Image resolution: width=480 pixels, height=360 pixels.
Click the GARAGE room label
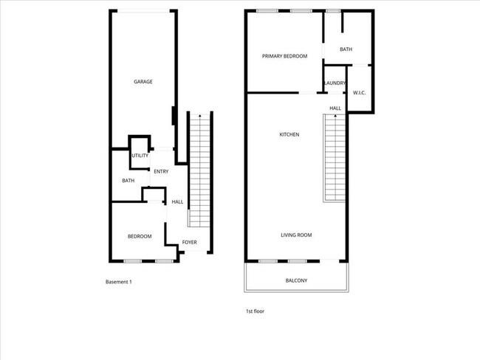pos(143,82)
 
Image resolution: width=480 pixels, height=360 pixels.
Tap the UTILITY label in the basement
pos(140,156)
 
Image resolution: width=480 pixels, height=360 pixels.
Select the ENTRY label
pos(161,172)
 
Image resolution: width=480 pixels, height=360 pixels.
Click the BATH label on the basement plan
pos(128,181)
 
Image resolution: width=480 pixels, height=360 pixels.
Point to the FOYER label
pos(190,242)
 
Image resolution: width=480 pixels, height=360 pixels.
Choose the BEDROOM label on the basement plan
pos(140,236)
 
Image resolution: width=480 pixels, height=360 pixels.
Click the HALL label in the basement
pos(177,201)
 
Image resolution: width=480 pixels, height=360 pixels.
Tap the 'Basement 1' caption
pos(119,282)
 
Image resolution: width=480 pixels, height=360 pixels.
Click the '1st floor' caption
pos(255,311)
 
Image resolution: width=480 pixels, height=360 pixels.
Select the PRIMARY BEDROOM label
pos(284,56)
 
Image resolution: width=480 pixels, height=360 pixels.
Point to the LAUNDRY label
pos(335,83)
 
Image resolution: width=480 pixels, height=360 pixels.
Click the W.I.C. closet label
pos(360,92)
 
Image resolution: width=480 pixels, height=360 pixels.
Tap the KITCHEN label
pos(289,134)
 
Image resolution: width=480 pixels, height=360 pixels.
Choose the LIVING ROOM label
pos(296,235)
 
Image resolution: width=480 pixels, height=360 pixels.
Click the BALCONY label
pos(296,280)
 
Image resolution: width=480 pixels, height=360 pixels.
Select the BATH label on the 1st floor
pos(346,49)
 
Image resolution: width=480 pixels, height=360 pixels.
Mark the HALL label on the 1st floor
pos(335,108)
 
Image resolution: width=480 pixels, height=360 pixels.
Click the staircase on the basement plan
pos(199,173)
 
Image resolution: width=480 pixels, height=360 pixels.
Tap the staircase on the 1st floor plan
pos(335,159)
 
